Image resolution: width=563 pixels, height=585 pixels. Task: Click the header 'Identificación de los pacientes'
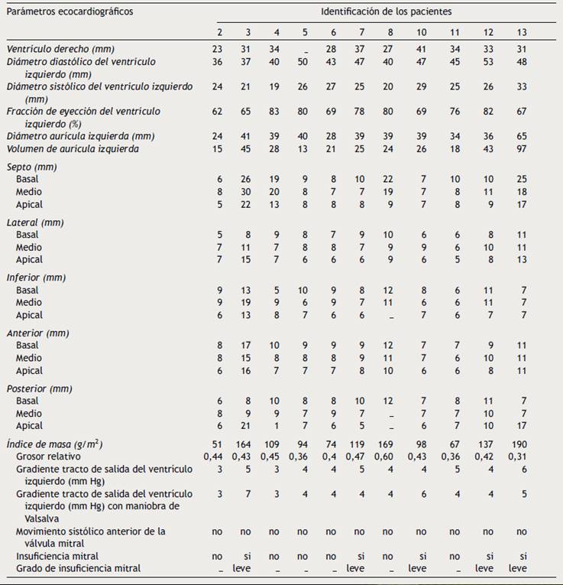[x=386, y=12]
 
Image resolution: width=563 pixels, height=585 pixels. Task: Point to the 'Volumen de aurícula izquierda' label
[x=73, y=148]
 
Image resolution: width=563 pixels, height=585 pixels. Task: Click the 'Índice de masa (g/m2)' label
[x=54, y=444]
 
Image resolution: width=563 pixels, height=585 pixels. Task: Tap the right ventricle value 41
[x=422, y=49]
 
